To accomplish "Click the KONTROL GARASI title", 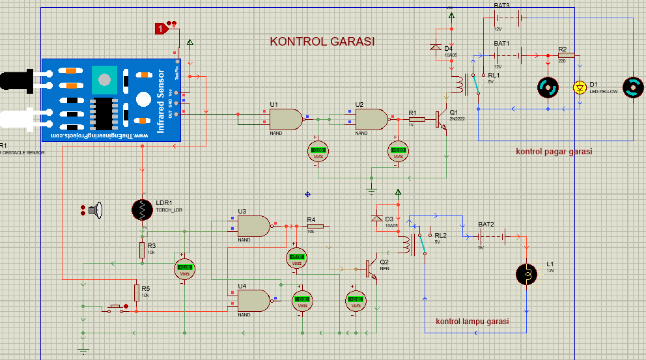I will (322, 42).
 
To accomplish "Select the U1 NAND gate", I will (285, 119).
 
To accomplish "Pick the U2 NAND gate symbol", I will (371, 119).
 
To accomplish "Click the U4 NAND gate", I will (253, 301).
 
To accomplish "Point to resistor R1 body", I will (417, 119).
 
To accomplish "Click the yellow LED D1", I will (580, 87).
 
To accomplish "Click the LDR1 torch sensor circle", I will (142, 209).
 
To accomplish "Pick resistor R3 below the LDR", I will (142, 250).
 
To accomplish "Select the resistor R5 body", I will (137, 292).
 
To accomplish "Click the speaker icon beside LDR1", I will (98, 210).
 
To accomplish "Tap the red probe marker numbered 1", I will (161, 28).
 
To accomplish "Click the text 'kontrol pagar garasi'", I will (554, 152).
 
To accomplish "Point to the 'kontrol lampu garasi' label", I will (472, 322).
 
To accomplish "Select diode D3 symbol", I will (376, 218).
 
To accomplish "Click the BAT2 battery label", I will (486, 225).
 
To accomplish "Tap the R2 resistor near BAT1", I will (566, 57).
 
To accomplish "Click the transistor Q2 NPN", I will (369, 268).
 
